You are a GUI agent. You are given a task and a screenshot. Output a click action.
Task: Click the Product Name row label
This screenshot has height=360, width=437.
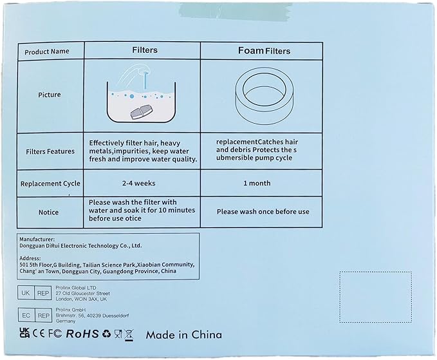[x=47, y=52]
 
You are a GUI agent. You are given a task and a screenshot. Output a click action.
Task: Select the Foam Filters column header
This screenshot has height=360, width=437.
[x=264, y=51]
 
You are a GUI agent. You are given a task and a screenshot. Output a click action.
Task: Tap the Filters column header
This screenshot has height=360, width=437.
[x=145, y=50]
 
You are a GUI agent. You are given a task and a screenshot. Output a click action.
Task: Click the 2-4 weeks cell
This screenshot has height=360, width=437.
[x=139, y=183]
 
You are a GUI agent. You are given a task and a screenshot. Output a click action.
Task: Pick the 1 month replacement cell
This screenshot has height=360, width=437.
[x=257, y=183]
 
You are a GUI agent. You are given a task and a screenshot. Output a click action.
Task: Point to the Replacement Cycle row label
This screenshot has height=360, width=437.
[x=50, y=184]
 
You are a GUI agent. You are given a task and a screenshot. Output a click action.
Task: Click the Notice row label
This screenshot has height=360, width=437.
[x=48, y=213]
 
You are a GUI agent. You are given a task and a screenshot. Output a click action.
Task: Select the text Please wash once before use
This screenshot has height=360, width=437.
[x=263, y=212]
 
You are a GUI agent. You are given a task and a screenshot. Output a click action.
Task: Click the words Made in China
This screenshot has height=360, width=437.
[x=184, y=335]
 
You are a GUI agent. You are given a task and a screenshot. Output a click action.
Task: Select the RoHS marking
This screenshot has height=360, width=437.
[x=82, y=334]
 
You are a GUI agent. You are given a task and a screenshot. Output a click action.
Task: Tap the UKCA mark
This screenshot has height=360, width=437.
[x=24, y=333]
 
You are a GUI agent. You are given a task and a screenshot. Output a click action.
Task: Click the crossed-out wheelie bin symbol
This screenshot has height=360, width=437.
[x=129, y=335]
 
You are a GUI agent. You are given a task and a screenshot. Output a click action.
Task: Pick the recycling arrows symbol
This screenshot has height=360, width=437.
[x=106, y=334]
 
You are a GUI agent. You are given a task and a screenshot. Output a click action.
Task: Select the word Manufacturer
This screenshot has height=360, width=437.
[x=37, y=240]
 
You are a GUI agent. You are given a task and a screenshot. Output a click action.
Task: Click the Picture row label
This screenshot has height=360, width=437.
[x=50, y=95]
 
